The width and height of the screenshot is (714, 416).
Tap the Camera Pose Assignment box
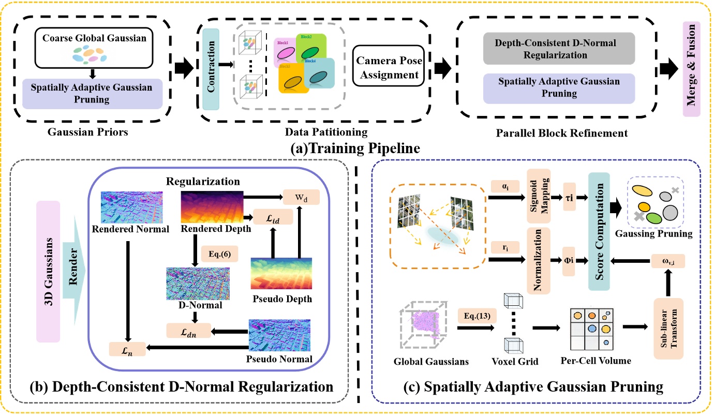[388, 68]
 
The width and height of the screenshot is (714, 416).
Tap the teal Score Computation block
[600, 229]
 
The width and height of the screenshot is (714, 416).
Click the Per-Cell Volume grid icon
[591, 329]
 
